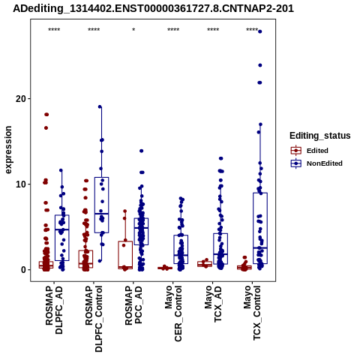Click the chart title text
153,9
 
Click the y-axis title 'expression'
8,150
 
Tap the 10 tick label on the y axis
21,184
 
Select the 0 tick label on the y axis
23,270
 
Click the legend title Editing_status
320,136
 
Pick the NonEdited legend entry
316,163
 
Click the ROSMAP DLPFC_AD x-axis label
54,310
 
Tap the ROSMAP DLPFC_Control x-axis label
94,319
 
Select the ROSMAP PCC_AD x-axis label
133,305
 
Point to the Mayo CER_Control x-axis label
173,313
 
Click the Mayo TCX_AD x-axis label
213,304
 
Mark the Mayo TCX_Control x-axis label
252,313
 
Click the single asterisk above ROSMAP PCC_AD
133,30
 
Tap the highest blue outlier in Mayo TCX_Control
260,31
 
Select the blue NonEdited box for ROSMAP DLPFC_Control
101,205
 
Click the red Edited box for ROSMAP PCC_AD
125,255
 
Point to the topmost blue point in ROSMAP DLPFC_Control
100,106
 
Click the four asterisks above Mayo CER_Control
173,30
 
